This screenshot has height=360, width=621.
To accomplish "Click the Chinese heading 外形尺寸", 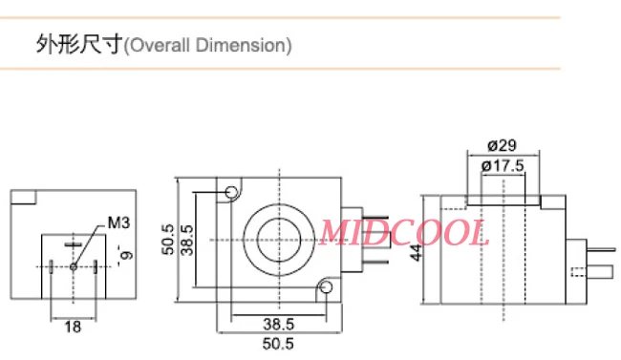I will coord(79,45).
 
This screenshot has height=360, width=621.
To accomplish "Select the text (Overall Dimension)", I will coord(208,45).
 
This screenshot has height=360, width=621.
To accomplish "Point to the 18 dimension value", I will coord(73,327).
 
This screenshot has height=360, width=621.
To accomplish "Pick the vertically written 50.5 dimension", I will coord(168,239).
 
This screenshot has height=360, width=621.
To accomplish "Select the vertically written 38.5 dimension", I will coord(187,240).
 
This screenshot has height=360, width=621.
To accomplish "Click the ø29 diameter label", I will coord(502,146).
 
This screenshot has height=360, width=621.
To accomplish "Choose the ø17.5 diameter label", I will coord(502,165).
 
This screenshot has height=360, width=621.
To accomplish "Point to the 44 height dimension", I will coord(417,253).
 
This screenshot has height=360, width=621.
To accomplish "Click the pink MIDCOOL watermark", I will coord(403,232).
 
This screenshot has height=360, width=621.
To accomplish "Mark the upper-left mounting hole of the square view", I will coord(231,194).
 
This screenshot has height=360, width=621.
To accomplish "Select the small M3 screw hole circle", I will coord(74,266).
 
